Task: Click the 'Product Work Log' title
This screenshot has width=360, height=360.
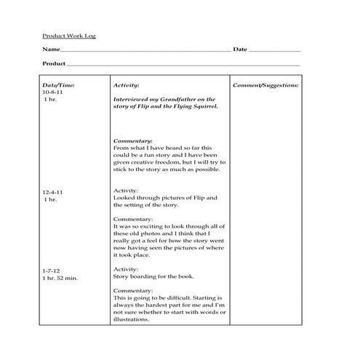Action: [x=69, y=36]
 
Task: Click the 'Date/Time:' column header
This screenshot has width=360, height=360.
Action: [x=59, y=86]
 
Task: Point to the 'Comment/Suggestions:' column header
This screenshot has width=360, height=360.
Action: [x=265, y=86]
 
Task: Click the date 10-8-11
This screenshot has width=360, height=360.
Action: [x=54, y=92]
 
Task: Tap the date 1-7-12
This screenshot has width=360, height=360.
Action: [x=52, y=271]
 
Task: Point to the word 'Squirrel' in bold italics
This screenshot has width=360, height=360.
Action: [x=202, y=106]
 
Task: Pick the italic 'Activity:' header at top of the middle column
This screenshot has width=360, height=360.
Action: [x=127, y=86]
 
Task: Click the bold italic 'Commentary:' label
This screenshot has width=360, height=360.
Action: [x=133, y=140]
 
